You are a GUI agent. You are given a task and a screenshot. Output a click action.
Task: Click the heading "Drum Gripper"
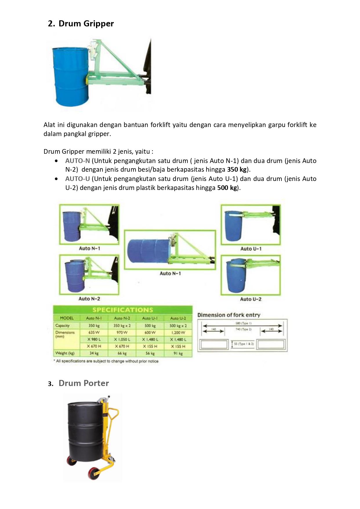[x=86, y=23]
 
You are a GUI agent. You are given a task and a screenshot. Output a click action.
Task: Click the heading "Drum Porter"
[x=84, y=383]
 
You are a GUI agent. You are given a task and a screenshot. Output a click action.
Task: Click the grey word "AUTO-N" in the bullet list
[x=77, y=161]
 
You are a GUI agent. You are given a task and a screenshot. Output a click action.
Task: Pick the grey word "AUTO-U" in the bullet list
[x=77, y=179]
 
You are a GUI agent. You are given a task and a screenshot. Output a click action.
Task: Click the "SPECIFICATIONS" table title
[x=122, y=310]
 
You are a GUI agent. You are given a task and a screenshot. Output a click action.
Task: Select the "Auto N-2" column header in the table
[x=122, y=318]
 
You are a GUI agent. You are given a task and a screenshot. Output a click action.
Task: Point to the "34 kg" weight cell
[x=94, y=353]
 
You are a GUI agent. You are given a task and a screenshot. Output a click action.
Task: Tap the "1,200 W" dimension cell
[x=178, y=332]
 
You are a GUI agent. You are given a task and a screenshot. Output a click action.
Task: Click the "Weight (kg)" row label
[x=65, y=353]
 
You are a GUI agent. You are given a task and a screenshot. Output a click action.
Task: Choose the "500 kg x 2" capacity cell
[x=178, y=326]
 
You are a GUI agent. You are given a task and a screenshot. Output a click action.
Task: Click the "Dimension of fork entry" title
[x=229, y=315]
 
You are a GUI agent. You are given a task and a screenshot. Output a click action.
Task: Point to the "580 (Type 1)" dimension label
[x=243, y=323]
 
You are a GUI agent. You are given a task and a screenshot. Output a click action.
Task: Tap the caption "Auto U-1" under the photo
[x=251, y=249]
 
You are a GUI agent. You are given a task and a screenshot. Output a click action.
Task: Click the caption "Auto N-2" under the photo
[x=89, y=299]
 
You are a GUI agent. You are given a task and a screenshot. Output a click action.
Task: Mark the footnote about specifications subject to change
[x=106, y=361]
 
